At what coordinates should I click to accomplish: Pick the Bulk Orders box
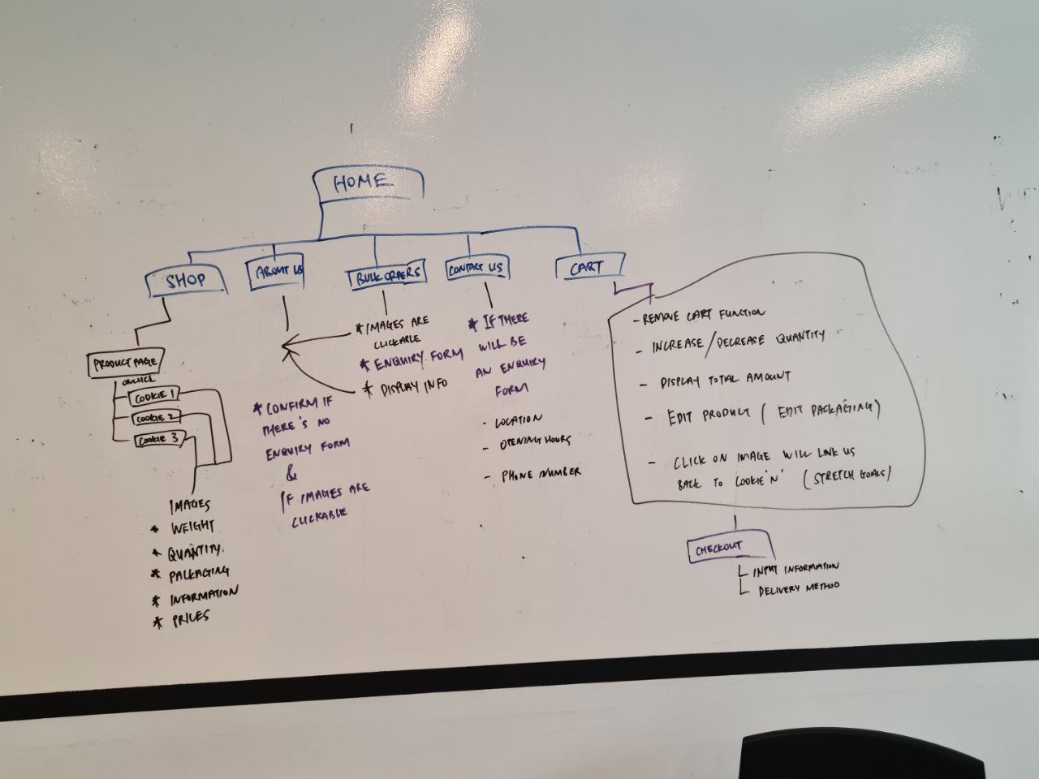coord(388,275)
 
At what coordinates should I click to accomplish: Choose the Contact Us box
coord(475,269)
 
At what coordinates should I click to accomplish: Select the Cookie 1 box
coord(153,397)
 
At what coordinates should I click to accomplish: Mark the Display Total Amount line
coord(725,379)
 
